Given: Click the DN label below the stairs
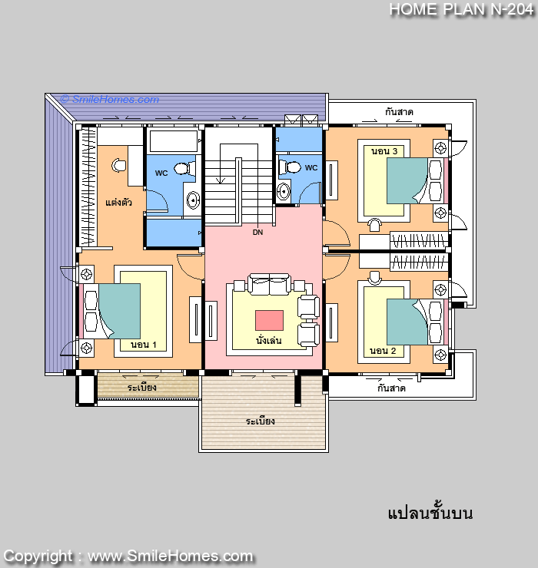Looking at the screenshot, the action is click(257, 233).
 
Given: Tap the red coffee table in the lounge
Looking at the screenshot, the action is click(269, 320).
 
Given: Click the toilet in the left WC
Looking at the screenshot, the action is click(184, 168).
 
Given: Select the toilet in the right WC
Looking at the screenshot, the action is click(290, 167).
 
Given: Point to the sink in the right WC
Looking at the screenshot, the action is click(284, 191).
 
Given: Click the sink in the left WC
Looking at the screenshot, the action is click(193, 200).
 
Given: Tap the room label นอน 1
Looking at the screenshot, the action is click(143, 345).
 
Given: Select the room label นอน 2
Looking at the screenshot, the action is click(383, 351).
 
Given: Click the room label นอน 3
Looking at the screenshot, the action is click(384, 151).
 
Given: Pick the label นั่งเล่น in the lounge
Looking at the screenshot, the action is click(269, 341).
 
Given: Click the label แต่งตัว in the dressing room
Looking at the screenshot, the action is click(118, 202).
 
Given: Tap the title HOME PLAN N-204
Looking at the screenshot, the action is click(461, 9).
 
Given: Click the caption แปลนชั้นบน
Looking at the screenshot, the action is click(430, 513).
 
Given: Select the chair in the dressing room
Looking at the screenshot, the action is click(118, 165).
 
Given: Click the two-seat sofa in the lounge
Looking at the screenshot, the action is click(269, 284).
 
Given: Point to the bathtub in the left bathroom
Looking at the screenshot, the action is click(174, 141).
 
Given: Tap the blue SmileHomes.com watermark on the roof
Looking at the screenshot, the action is click(110, 99).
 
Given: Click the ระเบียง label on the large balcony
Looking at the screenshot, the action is click(260, 421).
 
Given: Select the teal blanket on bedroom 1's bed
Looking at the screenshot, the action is click(120, 311).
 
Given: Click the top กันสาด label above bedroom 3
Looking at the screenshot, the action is click(399, 112).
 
